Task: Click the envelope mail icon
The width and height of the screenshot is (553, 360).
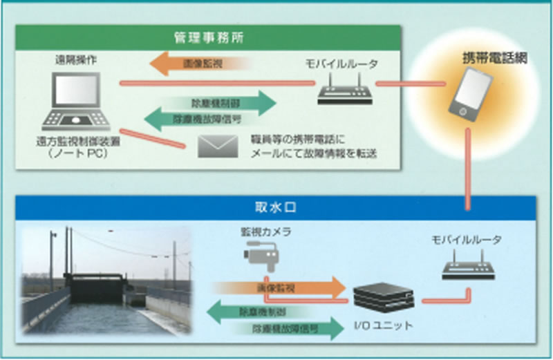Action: click(216, 146)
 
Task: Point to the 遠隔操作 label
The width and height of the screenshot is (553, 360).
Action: click(75, 60)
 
